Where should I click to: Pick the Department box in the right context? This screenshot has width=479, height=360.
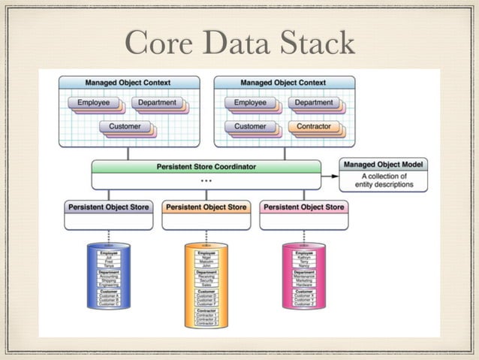tap(313, 102)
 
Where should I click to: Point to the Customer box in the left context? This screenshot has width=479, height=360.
tap(124, 127)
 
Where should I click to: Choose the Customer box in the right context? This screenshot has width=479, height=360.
tap(249, 127)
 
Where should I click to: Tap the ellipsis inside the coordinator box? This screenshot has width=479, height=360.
tap(205, 180)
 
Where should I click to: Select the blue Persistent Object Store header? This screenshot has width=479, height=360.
tap(108, 207)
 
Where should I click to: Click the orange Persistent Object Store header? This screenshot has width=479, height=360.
tap(206, 207)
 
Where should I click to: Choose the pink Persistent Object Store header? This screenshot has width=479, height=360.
tap(303, 207)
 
